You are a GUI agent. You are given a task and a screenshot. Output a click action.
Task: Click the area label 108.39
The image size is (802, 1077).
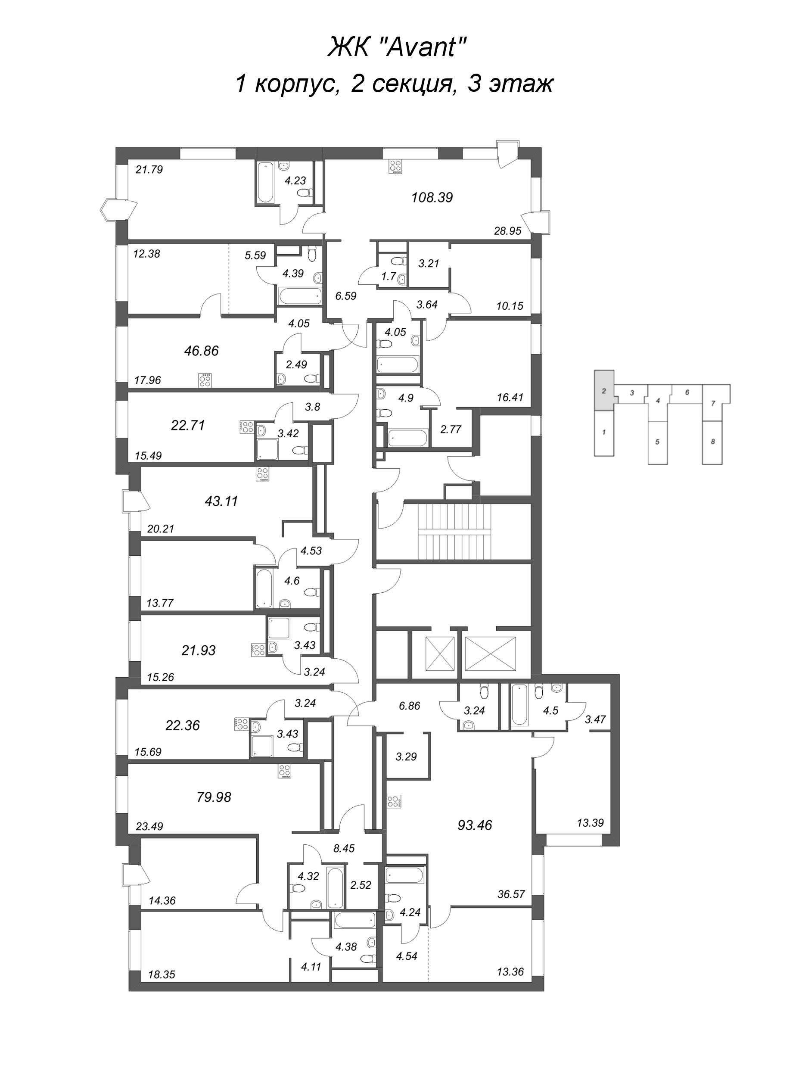[x=432, y=198]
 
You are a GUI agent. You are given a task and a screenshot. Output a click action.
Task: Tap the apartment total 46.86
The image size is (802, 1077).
[x=202, y=351]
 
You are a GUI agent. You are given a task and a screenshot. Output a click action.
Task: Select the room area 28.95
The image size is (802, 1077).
[x=507, y=231]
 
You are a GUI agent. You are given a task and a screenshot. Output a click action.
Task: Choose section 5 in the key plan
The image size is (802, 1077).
[x=657, y=442]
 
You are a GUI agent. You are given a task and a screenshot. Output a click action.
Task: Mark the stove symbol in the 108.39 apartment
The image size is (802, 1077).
[x=395, y=167]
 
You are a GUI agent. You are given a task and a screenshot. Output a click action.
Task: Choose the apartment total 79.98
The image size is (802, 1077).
[x=214, y=797]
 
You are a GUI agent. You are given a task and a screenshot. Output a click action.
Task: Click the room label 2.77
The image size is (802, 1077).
[x=451, y=429]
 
